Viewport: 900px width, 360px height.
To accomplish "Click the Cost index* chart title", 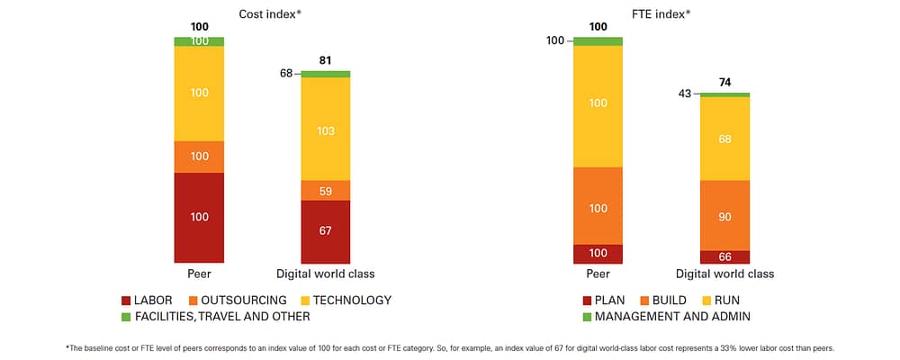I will pyautogui.click(x=270, y=14).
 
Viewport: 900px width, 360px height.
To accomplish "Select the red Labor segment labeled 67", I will pyautogui.click(x=325, y=231).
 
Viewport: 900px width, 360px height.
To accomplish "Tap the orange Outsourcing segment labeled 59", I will pyautogui.click(x=325, y=191).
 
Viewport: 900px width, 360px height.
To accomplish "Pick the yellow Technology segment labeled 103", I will pyautogui.click(x=325, y=130).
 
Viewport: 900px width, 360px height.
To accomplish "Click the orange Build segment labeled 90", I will pyautogui.click(x=724, y=216).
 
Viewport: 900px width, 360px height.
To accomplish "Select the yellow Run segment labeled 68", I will pyautogui.click(x=724, y=139).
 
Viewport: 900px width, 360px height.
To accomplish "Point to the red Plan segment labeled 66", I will pyautogui.click(x=724, y=257).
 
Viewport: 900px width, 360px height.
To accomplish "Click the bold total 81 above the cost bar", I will pyautogui.click(x=326, y=61).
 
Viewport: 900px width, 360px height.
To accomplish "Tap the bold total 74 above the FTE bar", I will pyautogui.click(x=724, y=82).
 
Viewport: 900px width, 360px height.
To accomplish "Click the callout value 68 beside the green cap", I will pyautogui.click(x=287, y=74).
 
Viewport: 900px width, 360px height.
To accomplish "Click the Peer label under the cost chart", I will pyautogui.click(x=198, y=274).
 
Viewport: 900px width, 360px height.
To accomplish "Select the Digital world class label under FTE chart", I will pyautogui.click(x=724, y=274).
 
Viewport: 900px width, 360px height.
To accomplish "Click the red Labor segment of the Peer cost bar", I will pyautogui.click(x=199, y=218).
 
